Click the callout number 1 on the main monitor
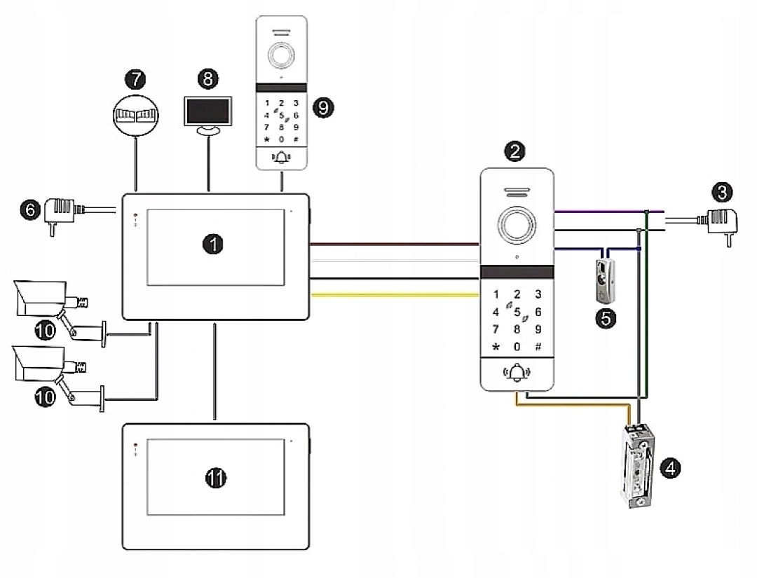(212, 243)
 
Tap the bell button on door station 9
(281, 158)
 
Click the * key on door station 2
(496, 346)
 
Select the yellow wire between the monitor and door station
(393, 296)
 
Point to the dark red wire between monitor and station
(393, 245)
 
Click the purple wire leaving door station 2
(596, 210)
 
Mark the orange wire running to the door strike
(575, 404)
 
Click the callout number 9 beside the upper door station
(324, 107)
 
